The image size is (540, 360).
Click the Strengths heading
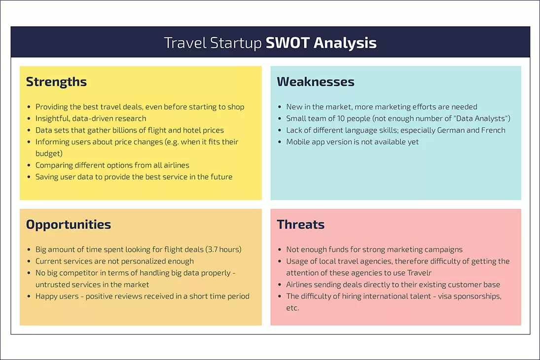point(56,82)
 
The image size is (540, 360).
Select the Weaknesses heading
point(316,82)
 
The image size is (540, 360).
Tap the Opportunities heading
point(69,225)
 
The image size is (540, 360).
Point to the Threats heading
point(301,225)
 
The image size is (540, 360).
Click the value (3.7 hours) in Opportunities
point(223,250)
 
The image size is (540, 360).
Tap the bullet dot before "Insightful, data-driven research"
point(30,119)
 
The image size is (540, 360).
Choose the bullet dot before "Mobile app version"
point(281,143)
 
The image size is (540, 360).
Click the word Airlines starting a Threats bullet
point(301,285)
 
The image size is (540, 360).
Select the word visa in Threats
point(446,296)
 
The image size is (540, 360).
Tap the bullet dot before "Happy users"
point(30,297)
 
